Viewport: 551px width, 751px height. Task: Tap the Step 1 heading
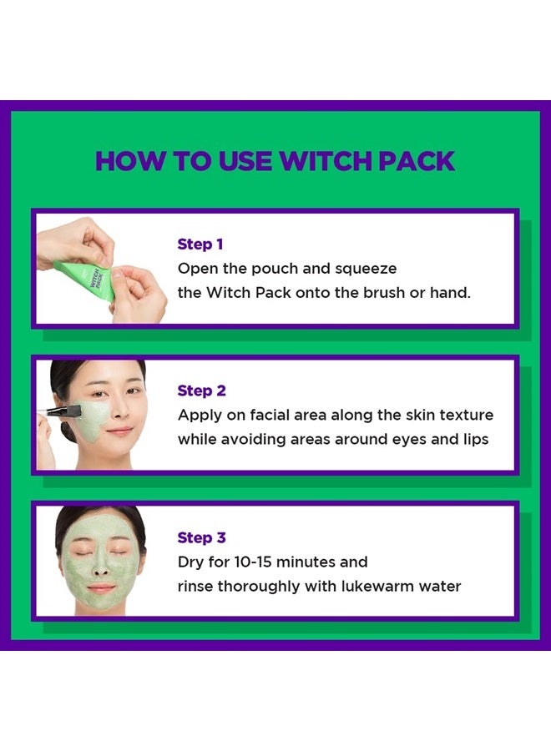tap(201, 244)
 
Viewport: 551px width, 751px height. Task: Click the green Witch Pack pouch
tap(87, 280)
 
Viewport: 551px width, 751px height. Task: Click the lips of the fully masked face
tap(100, 588)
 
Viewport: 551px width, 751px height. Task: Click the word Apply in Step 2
tap(200, 415)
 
